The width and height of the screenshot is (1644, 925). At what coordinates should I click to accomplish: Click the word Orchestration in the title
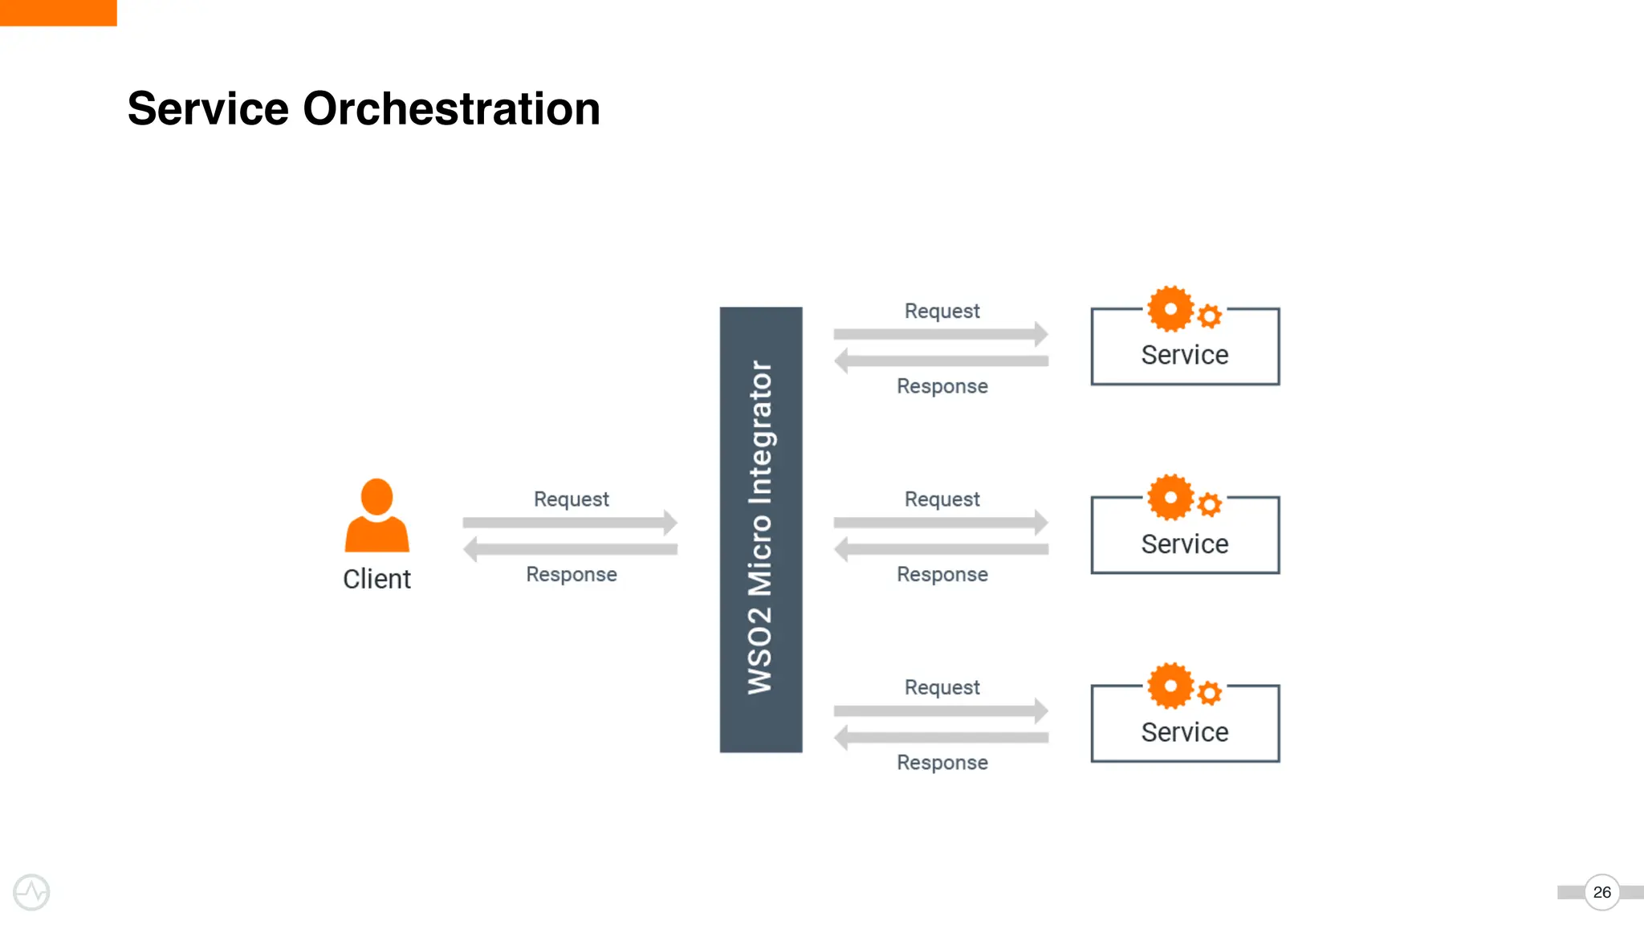[x=451, y=108]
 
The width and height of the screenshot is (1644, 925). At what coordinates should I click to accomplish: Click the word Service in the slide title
[x=208, y=108]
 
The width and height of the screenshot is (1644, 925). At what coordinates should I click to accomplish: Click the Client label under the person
[x=376, y=579]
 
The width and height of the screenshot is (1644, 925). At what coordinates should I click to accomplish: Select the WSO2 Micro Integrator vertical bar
[x=760, y=529]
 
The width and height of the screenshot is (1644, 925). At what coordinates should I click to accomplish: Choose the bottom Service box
[x=1185, y=731]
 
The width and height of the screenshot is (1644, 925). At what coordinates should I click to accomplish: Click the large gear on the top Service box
[x=1170, y=309]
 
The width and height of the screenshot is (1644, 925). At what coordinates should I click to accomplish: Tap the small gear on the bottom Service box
[x=1210, y=692]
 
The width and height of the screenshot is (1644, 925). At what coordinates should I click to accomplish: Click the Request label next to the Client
[x=572, y=499]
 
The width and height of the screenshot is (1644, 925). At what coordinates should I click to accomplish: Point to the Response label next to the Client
[x=572, y=574]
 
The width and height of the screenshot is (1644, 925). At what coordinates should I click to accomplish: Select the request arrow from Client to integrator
[x=570, y=523]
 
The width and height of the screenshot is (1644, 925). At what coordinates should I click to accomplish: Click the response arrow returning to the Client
[x=570, y=549]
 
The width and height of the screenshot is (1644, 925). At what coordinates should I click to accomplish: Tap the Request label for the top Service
[x=942, y=311]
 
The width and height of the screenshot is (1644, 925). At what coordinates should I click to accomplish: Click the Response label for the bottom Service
[x=942, y=762]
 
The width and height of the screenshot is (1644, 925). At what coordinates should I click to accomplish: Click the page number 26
[x=1601, y=892]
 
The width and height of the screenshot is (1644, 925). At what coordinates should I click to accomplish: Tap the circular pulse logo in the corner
[x=31, y=892]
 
